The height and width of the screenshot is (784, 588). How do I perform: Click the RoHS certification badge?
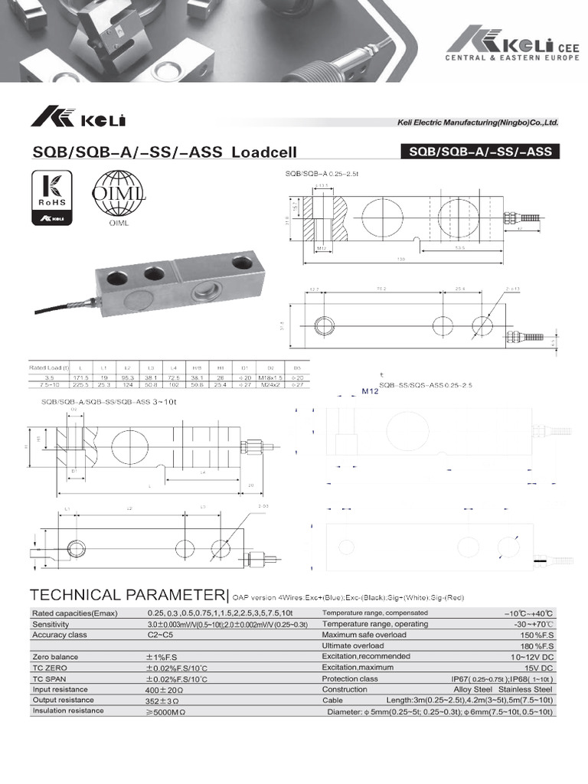[51, 198]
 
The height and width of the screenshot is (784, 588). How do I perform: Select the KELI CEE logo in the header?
[506, 45]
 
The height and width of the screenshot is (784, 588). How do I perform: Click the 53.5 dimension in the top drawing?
[460, 248]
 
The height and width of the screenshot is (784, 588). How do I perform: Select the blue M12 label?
[371, 390]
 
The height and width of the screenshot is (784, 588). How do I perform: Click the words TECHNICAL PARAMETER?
[127, 595]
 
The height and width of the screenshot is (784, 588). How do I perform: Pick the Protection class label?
[350, 678]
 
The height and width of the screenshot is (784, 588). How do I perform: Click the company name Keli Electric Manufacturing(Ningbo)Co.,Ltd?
[477, 122]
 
